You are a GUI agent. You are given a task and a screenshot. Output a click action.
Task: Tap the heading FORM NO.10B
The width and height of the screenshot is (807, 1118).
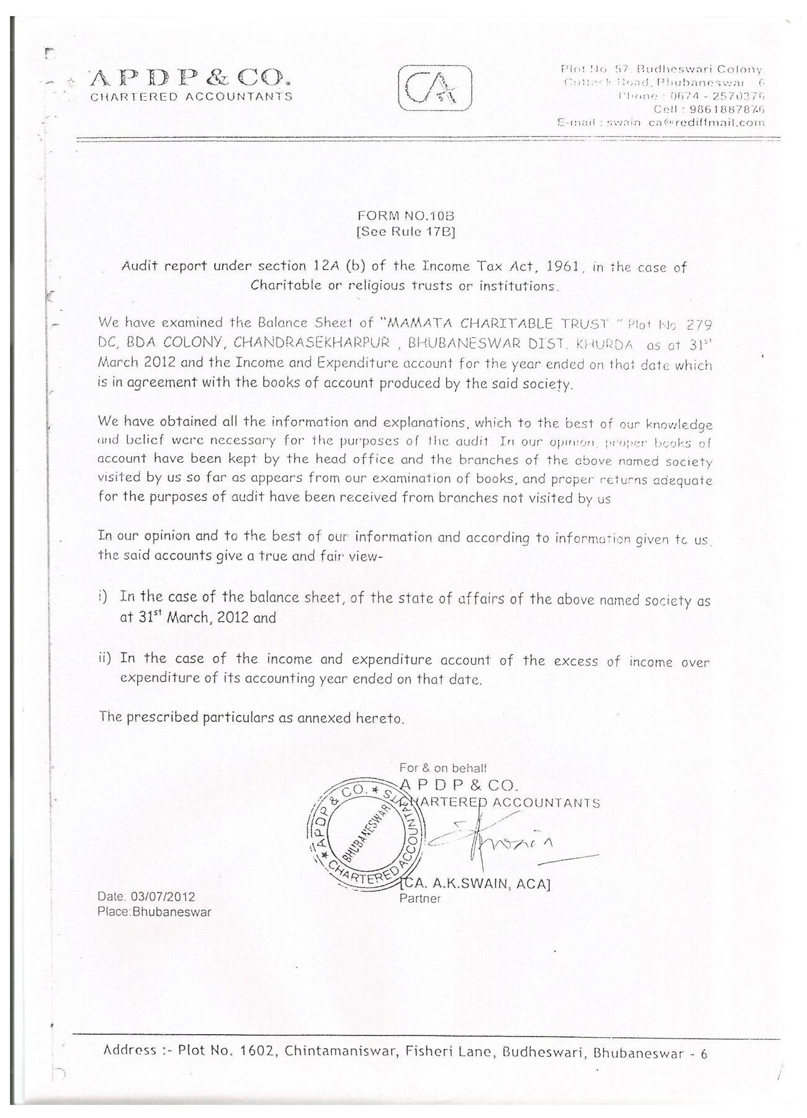tap(406, 216)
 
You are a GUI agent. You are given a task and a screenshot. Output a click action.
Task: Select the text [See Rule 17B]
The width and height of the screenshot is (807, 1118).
tap(406, 233)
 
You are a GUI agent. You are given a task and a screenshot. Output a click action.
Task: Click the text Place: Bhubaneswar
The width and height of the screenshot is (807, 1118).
tap(154, 912)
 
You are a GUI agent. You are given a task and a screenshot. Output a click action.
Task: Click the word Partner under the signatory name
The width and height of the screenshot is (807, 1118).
tap(420, 898)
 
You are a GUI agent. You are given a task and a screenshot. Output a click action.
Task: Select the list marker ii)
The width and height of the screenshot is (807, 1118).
tap(104, 658)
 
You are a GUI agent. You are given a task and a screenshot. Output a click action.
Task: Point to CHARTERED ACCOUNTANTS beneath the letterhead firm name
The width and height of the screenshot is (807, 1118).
tap(191, 97)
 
